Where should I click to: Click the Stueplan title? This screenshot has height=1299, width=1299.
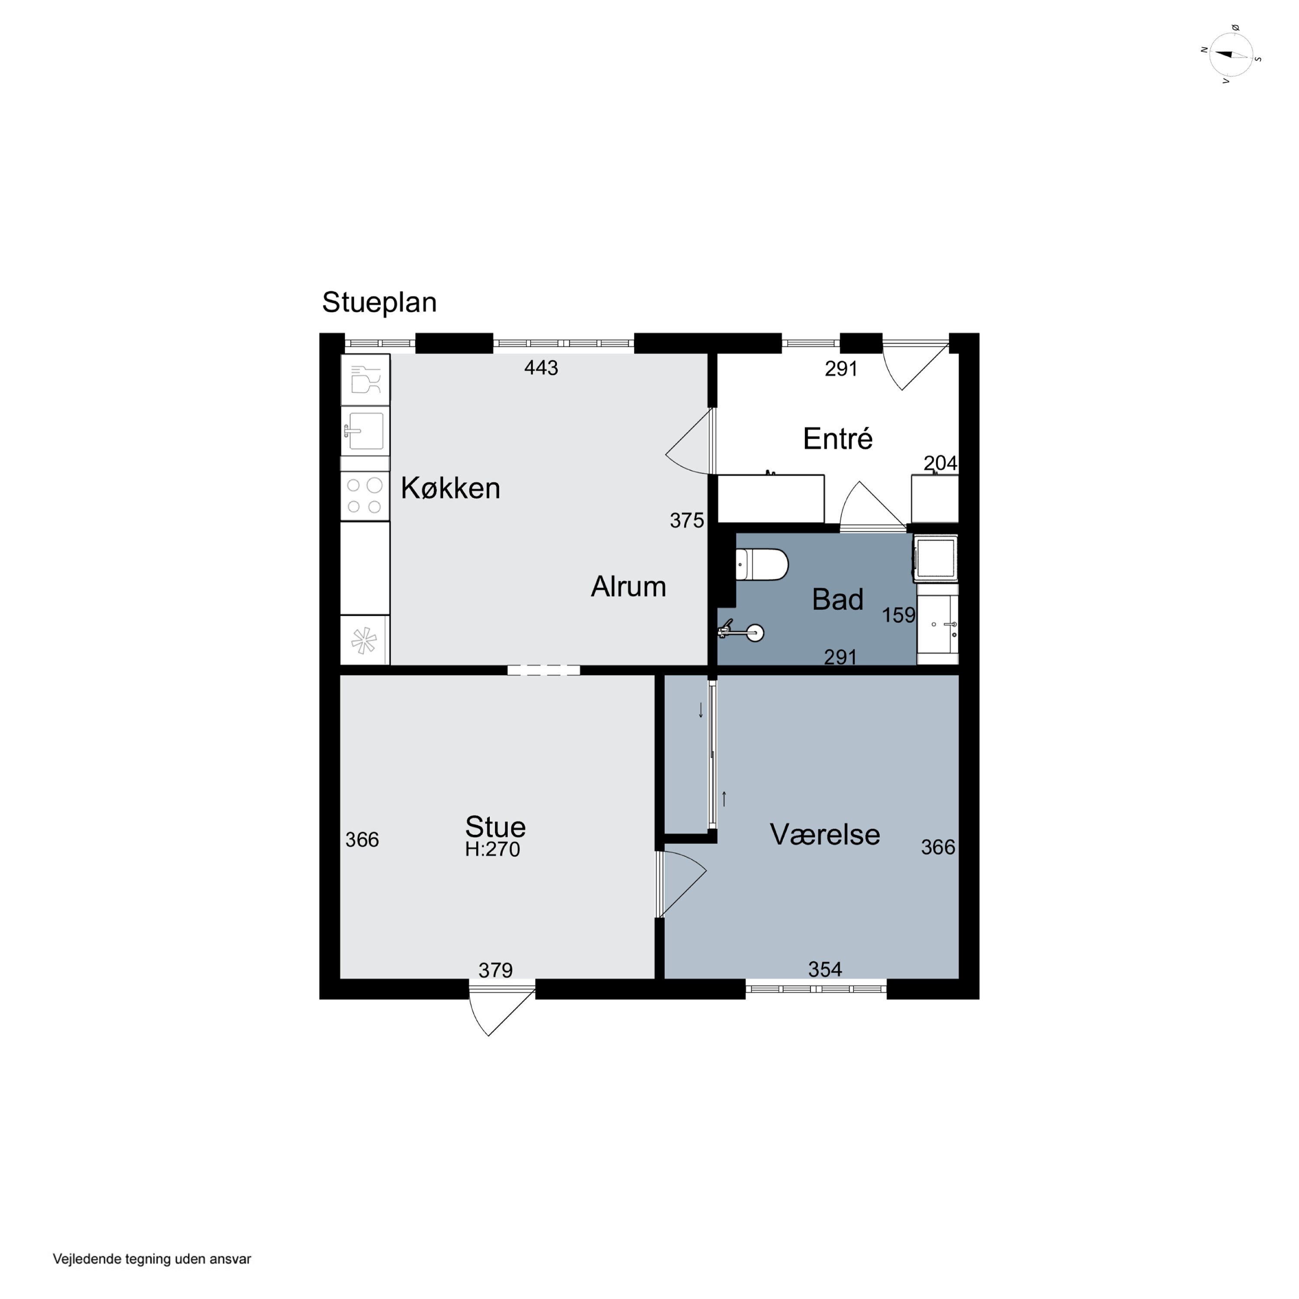[379, 303]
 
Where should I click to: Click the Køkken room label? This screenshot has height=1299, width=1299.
[450, 488]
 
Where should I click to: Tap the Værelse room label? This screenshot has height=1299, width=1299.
[825, 834]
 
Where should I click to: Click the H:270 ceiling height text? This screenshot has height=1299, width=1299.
[492, 849]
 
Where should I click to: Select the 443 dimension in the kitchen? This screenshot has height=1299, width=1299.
[541, 368]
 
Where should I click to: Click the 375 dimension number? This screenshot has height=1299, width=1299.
[686, 520]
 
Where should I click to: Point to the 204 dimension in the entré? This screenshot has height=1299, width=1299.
[940, 463]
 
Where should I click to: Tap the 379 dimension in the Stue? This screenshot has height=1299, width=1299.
[495, 970]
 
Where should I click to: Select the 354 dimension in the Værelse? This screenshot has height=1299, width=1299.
[825, 969]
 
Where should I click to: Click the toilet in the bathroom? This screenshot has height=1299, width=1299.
[762, 565]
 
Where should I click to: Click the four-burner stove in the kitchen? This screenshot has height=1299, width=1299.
[365, 495]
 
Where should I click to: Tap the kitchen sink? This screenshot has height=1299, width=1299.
[365, 430]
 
